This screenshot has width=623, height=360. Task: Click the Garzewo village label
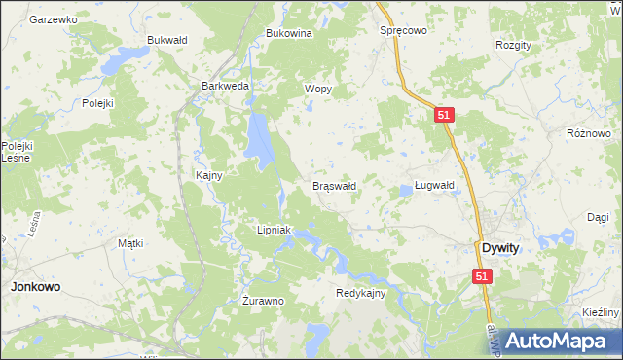click(x=54, y=19)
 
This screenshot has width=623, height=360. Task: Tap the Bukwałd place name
click(x=165, y=40)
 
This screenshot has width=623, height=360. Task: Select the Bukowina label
click(x=288, y=33)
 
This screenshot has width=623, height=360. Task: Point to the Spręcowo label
click(x=403, y=30)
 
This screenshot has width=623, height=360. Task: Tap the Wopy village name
click(x=318, y=89)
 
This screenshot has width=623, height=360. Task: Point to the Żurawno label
click(x=263, y=301)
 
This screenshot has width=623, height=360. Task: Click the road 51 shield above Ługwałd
click(x=443, y=115)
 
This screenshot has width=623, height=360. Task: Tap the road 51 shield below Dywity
click(x=484, y=277)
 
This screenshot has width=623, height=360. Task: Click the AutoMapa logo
click(x=560, y=341)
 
